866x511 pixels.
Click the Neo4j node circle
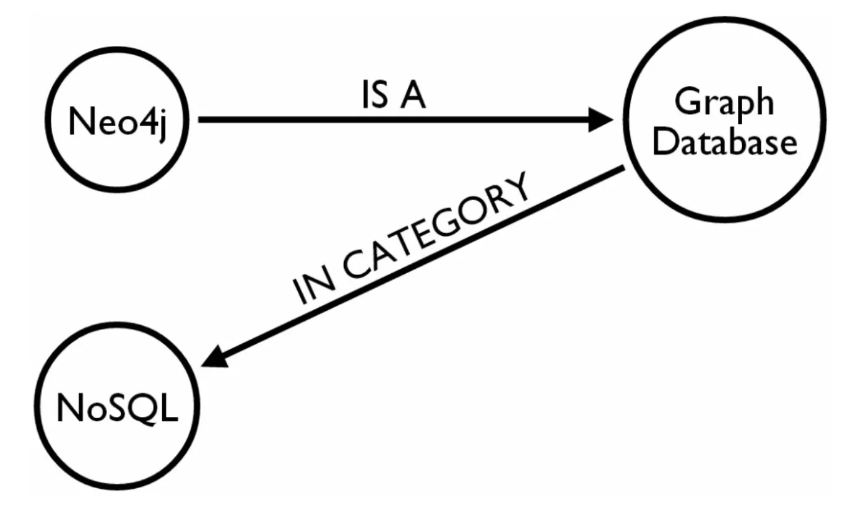117,121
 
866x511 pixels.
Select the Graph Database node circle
725,124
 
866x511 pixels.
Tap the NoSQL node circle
117,409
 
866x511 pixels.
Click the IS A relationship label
394,96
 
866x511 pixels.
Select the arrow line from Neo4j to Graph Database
396,120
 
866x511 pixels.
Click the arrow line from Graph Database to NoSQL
421,266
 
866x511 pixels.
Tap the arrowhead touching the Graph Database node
600,120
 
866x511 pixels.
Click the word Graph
724,102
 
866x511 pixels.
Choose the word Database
725,143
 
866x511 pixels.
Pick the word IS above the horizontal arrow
375,96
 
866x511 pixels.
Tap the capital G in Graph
686,102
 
